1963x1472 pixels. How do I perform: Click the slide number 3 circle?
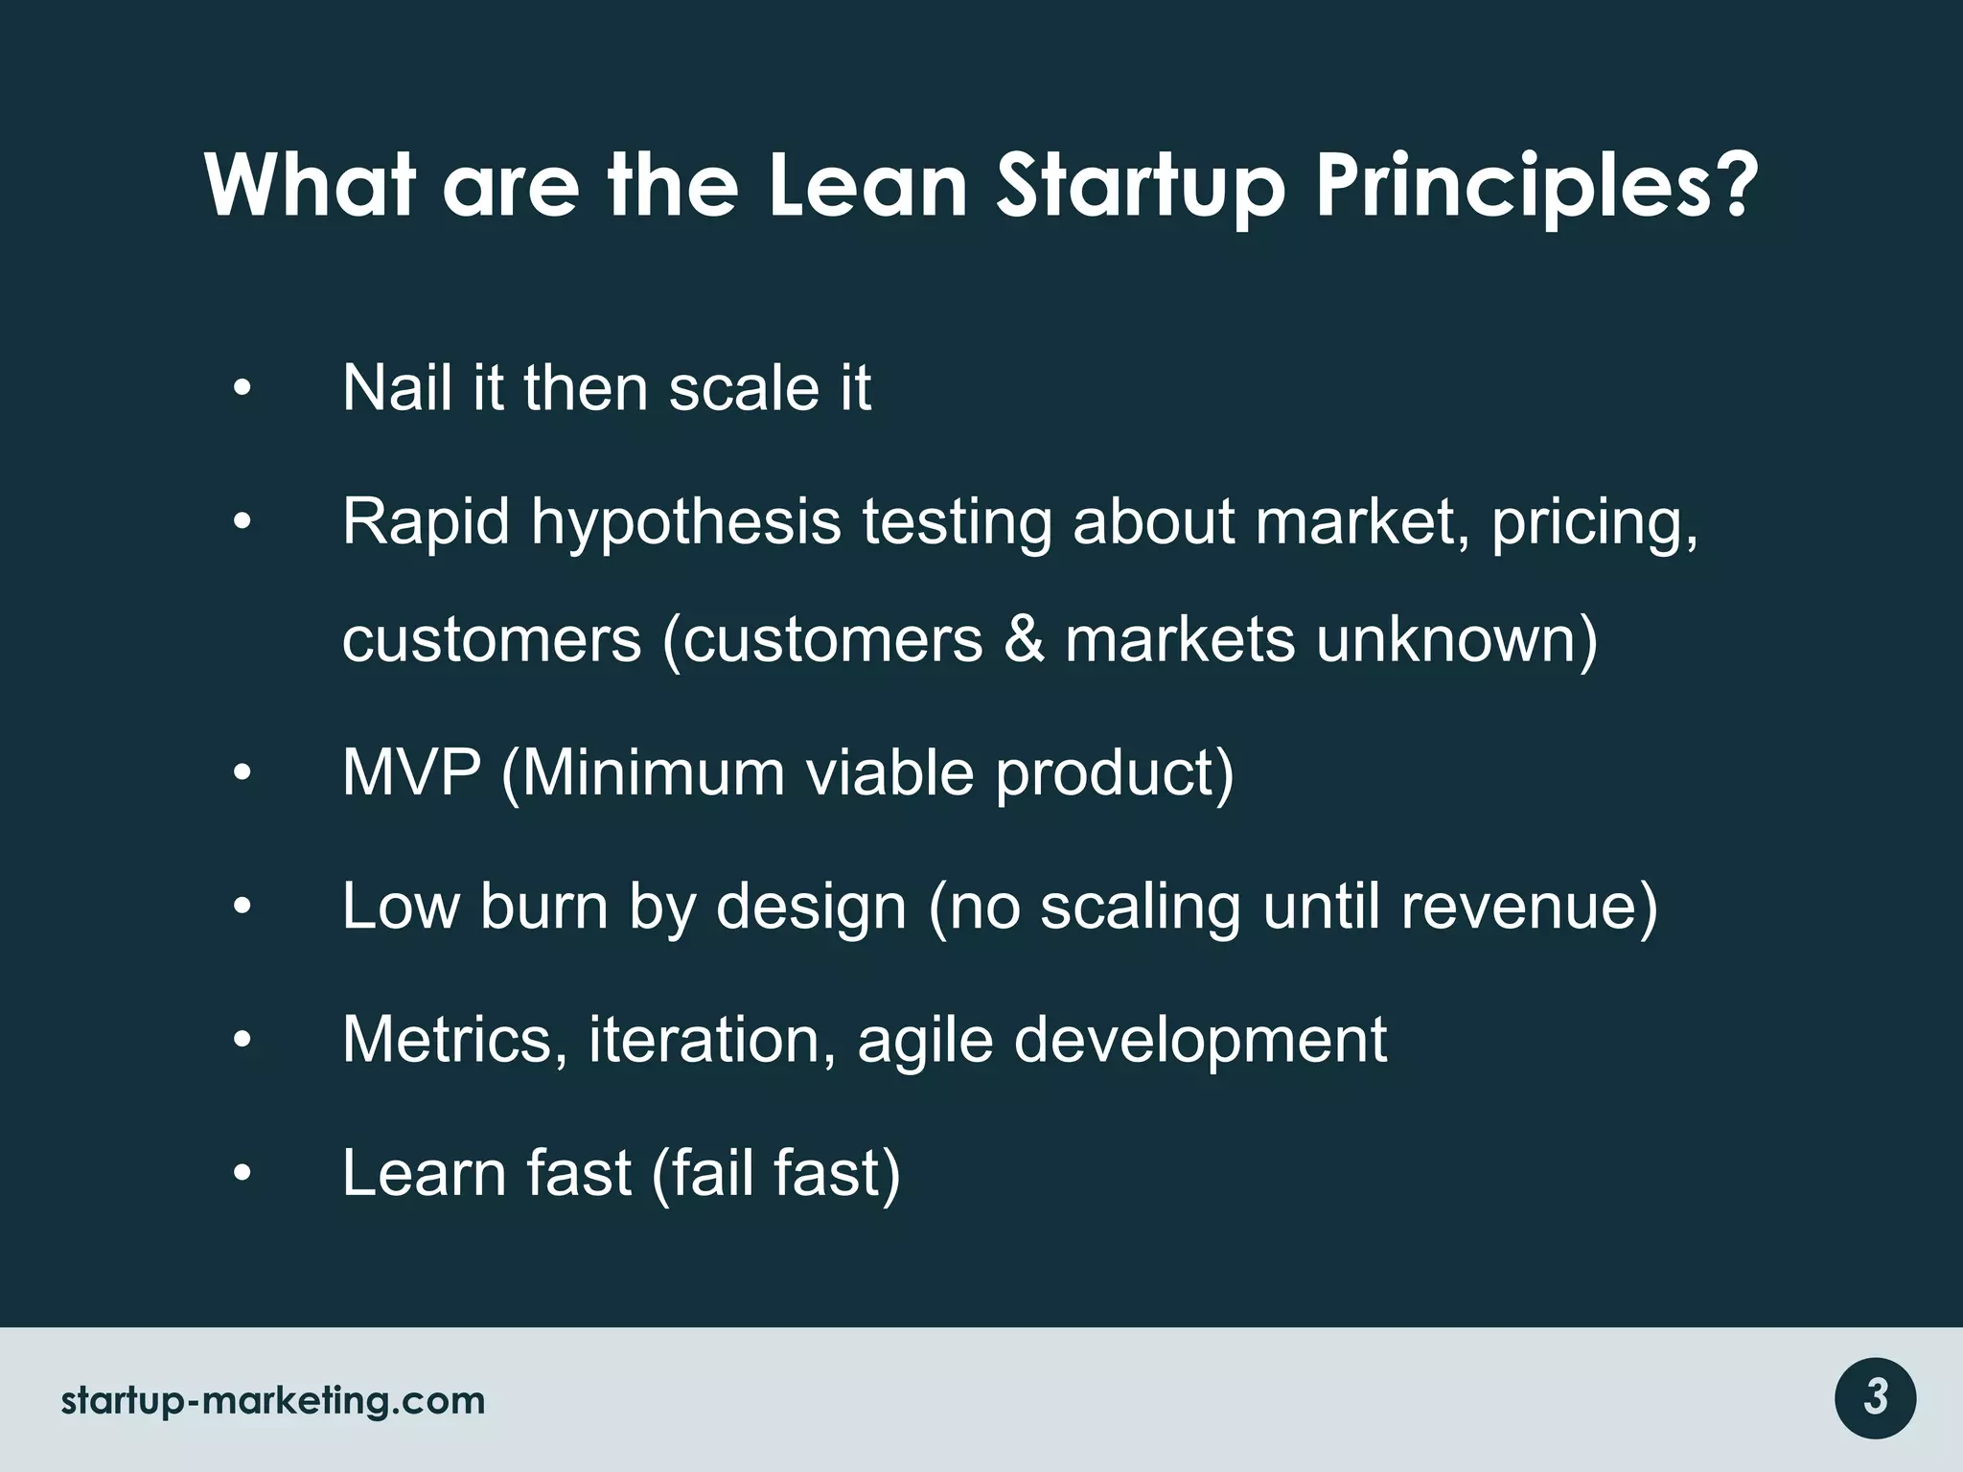[x=1875, y=1398]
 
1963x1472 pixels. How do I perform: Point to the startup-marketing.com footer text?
[x=273, y=1400]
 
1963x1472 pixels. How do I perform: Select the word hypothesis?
[x=685, y=522]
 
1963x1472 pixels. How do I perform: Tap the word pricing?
[x=1594, y=522]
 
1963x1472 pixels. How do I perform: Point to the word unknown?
[x=1455, y=639]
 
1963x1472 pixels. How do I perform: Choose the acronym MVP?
[x=411, y=771]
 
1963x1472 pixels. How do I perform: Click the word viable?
[x=889, y=771]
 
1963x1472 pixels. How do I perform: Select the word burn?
[x=543, y=906]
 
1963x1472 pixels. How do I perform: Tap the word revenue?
[x=1528, y=906]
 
